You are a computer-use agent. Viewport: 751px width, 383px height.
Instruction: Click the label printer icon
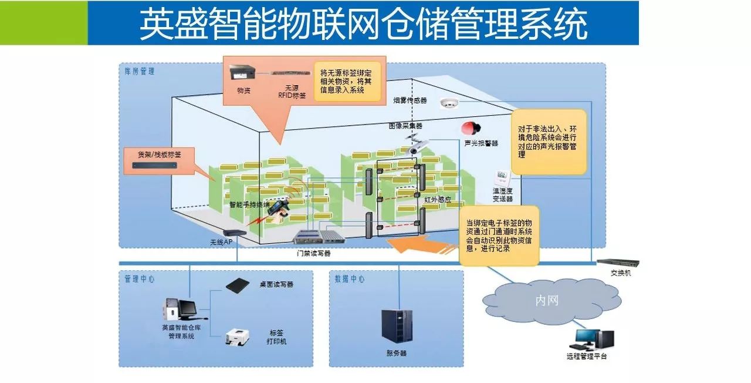[239, 337]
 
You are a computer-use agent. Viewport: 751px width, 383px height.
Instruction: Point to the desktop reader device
[241, 284]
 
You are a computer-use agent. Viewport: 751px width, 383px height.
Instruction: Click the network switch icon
[617, 263]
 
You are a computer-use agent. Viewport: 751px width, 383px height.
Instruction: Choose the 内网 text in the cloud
[547, 301]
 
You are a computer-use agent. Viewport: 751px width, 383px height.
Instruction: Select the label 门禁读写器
[314, 254]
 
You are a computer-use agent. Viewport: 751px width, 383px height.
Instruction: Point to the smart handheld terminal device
[275, 211]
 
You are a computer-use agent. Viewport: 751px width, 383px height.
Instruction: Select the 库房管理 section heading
[140, 72]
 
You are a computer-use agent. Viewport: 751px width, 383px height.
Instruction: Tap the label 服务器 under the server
[397, 353]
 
